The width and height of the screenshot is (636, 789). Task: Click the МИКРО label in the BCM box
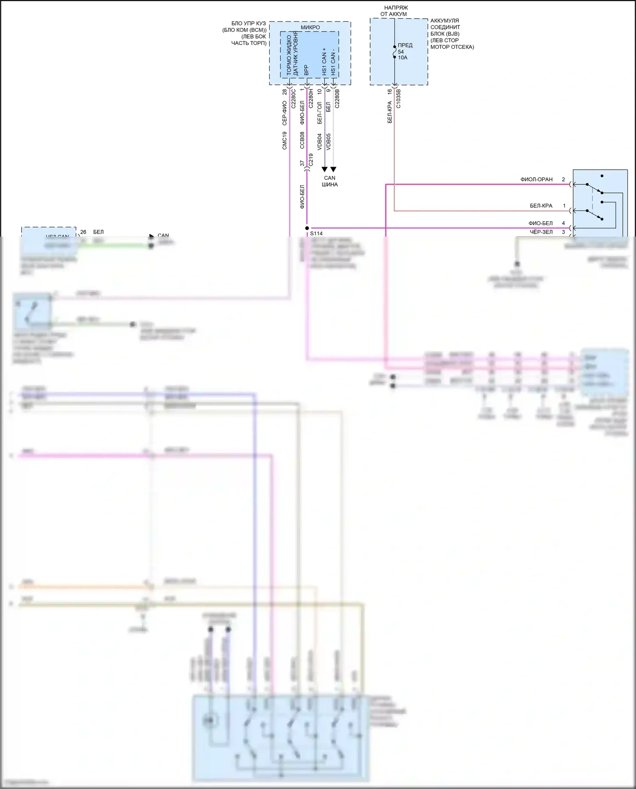(310, 27)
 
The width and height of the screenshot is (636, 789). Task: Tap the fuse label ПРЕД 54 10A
(404, 51)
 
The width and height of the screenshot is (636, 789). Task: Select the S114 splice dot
(307, 228)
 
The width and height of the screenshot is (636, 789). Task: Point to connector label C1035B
(398, 99)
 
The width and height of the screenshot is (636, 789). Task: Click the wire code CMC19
(285, 141)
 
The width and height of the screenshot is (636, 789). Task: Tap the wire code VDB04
(319, 142)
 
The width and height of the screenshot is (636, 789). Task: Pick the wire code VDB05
(328, 142)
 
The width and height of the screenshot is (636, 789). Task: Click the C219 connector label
(311, 159)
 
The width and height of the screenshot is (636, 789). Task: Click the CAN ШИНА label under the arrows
(329, 181)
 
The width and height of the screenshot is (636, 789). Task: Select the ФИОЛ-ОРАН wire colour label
(536, 179)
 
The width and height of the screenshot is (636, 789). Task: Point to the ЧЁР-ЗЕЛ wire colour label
(541, 232)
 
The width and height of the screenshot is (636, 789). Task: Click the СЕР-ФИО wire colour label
(285, 113)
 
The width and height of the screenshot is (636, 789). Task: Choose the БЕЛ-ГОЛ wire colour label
(319, 113)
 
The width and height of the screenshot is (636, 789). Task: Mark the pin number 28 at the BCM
(285, 92)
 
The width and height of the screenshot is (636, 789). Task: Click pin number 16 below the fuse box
(389, 92)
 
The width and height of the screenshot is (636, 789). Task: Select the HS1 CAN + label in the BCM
(324, 62)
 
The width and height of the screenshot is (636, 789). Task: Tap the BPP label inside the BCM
(306, 70)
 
